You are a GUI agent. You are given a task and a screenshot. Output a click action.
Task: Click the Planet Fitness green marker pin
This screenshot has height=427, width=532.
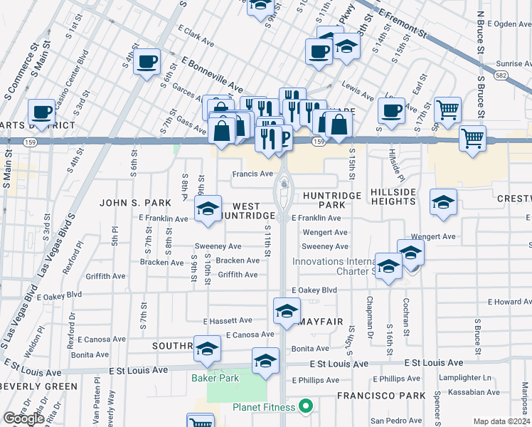click(x=307, y=407)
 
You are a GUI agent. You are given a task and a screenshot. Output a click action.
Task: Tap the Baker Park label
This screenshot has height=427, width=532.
click(x=215, y=378)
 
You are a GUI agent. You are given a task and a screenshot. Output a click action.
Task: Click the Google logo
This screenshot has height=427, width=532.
click(x=23, y=418)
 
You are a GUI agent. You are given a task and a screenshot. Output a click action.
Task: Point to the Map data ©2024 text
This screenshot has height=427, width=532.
click(x=501, y=421)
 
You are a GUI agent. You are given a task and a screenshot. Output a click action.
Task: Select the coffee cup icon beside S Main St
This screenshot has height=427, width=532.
click(x=43, y=112)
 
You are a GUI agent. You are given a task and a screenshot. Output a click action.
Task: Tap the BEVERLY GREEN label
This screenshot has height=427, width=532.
click(x=38, y=386)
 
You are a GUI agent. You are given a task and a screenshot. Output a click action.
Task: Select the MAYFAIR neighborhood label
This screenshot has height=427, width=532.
click(x=321, y=322)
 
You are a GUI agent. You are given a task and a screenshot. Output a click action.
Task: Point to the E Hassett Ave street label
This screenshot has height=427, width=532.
click(x=228, y=321)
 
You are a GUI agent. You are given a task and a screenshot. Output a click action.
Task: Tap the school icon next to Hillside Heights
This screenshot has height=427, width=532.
click(x=443, y=201)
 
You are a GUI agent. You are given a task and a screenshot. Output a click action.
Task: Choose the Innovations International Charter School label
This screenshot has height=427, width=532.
click(x=334, y=266)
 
